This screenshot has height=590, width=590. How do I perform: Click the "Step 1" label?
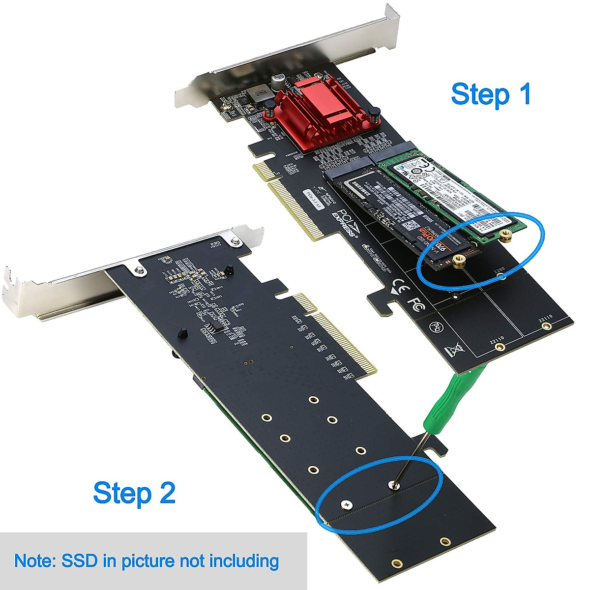pos(491,94)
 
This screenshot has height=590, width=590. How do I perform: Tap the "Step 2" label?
pos(134,493)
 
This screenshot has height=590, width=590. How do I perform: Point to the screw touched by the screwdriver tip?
pos(394,485)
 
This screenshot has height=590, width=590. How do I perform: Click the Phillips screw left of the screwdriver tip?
pos(348,503)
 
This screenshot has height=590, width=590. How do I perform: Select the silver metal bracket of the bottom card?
pos(59,295)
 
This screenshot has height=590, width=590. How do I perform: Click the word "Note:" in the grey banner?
pos(34,560)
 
